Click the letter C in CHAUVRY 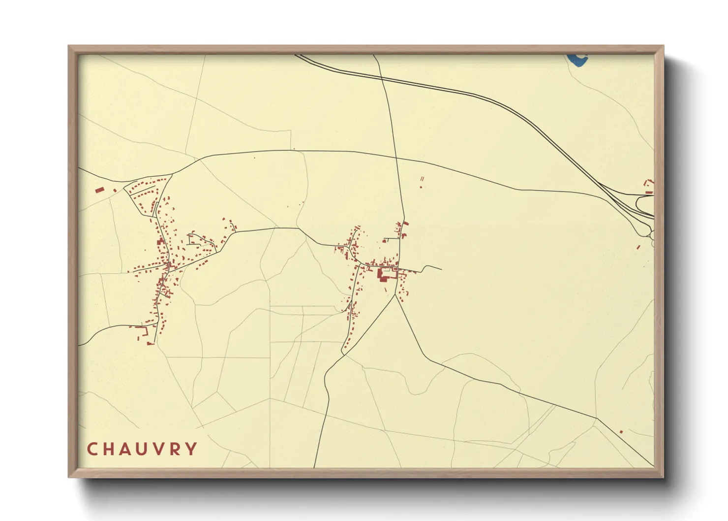pyautogui.click(x=92, y=449)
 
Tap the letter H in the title pyautogui.click(x=110, y=449)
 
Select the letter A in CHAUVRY pyautogui.click(x=126, y=449)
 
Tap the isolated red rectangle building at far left pyautogui.click(x=99, y=190)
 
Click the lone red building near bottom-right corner pyautogui.click(x=621, y=432)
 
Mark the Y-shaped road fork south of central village pyautogui.click(x=395, y=295)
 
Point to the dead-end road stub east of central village pyautogui.click(x=441, y=269)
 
